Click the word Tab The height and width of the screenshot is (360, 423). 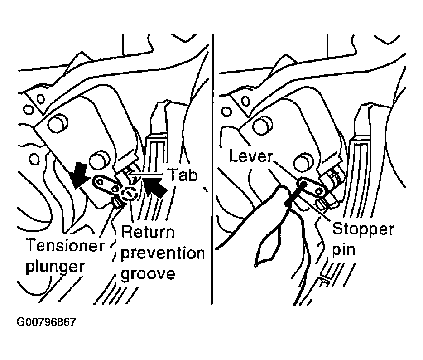click(183, 175)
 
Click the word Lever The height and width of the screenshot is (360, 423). click(251, 156)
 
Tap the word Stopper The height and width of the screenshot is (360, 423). click(363, 229)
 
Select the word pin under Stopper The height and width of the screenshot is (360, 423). click(343, 249)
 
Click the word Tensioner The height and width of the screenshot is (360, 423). click(65, 245)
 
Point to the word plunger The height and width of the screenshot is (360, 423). click(55, 267)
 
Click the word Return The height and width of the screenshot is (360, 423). click(148, 232)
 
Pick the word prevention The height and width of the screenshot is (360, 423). click(163, 254)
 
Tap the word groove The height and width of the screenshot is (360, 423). click(148, 275)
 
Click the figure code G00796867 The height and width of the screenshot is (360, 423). click(46, 322)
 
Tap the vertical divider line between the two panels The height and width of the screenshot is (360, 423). click(212, 169)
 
